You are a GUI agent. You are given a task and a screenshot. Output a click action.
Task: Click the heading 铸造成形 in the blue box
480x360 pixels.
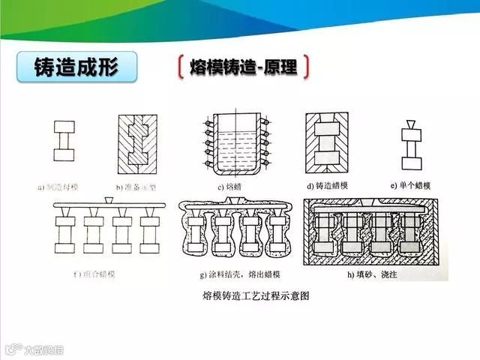(76, 67)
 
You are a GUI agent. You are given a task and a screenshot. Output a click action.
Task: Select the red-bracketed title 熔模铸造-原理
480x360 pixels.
(244, 67)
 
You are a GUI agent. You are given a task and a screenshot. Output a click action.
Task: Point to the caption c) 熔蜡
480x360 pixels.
(231, 184)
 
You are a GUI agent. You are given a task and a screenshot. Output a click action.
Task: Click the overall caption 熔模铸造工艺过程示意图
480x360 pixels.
(256, 295)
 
